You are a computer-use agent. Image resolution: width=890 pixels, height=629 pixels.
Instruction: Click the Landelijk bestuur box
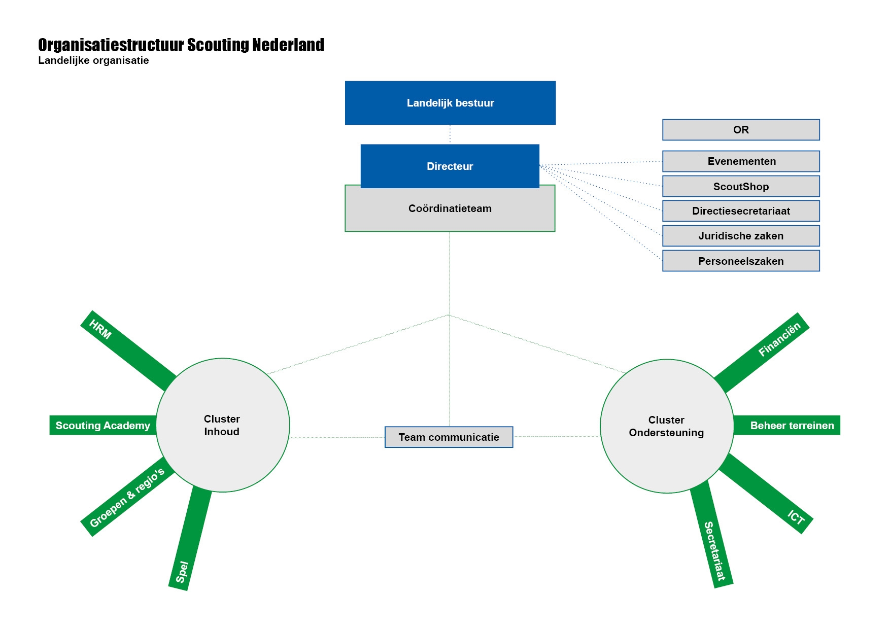(450, 103)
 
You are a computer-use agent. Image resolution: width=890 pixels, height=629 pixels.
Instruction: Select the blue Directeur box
(450, 166)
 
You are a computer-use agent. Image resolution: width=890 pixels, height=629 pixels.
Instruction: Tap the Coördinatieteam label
(450, 208)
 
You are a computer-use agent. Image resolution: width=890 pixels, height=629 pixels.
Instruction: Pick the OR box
(741, 130)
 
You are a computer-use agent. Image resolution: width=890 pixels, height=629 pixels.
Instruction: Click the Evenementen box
(741, 161)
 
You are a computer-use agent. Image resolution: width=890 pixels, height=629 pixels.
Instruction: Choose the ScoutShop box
(741, 186)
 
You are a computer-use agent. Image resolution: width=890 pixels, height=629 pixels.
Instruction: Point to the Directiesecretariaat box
(741, 211)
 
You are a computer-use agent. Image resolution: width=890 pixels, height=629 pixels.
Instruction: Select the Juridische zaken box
(741, 236)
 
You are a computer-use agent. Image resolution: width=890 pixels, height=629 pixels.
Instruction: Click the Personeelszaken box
(741, 261)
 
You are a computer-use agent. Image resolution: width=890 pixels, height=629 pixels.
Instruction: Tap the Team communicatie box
(449, 437)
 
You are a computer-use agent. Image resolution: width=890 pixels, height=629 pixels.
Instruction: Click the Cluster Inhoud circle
(223, 425)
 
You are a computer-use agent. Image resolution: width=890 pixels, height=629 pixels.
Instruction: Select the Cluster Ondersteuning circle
(667, 426)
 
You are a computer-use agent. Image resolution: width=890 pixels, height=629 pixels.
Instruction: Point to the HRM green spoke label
(100, 329)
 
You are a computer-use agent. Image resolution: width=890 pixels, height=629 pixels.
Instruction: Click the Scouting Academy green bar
(103, 425)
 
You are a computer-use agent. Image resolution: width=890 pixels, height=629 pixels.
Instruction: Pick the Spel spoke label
(182, 572)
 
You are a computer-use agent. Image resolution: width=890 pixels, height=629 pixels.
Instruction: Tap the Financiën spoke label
(779, 339)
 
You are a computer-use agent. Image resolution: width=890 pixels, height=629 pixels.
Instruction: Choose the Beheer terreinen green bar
(787, 425)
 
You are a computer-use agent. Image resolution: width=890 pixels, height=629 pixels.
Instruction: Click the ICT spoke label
(796, 517)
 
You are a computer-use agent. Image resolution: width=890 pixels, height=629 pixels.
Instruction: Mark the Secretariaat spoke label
(715, 551)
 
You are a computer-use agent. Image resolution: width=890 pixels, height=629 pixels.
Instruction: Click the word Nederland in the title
(288, 45)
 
